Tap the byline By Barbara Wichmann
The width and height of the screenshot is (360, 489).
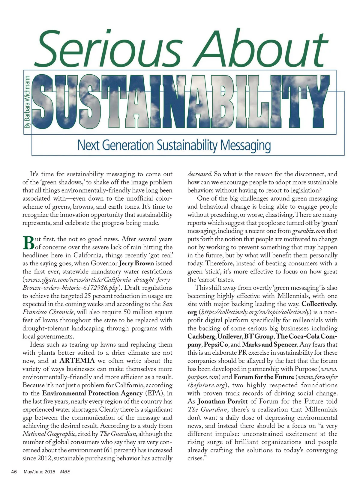pyautogui.click(x=27, y=102)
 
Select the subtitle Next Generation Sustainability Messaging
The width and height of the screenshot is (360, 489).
pyautogui.click(x=174, y=145)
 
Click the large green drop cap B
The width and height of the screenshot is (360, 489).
pyautogui.click(x=28, y=243)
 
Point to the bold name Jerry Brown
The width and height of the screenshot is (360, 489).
pyautogui.click(x=136, y=264)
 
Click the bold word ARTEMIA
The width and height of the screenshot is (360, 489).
pyautogui.click(x=77, y=361)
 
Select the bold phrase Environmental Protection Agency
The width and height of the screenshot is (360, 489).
pyautogui.click(x=92, y=393)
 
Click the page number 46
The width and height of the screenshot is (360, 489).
pyautogui.click(x=14, y=472)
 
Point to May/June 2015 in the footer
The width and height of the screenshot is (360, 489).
pyautogui.click(x=40, y=472)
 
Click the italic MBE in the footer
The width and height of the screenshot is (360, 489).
pyautogui.click(x=65, y=472)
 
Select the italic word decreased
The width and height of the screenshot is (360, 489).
pyautogui.click(x=200, y=174)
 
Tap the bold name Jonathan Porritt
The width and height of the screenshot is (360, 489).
pyautogui.click(x=223, y=401)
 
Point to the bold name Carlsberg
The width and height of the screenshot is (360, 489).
pyautogui.click(x=201, y=336)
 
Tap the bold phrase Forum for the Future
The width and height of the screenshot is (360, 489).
pyautogui.click(x=264, y=377)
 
